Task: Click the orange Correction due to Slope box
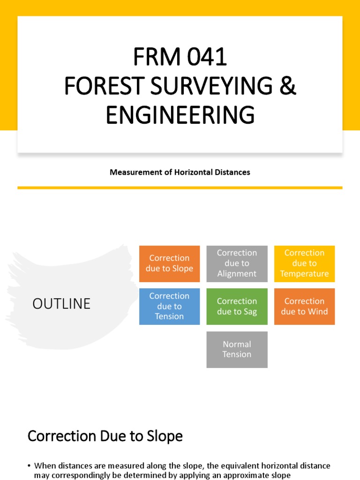[169, 263]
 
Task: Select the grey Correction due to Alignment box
[237, 263]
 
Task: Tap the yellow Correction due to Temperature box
[304, 263]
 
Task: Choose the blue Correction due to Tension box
[169, 306]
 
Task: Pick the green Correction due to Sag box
[237, 306]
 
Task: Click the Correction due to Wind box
[304, 306]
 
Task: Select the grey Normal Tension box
[237, 349]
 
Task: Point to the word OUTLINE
[61, 304]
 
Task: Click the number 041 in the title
[207, 57]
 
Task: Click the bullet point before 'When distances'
[29, 466]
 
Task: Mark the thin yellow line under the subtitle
[180, 187]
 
